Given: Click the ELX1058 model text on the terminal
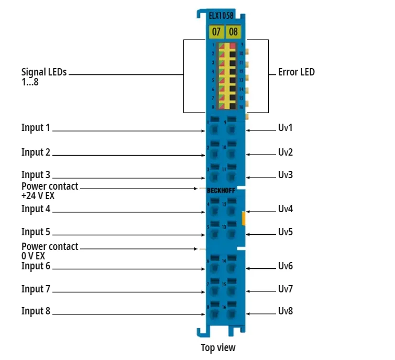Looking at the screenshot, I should pos(223,16).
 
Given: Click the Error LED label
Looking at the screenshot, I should pos(296,72).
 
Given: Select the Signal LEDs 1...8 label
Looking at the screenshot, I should pos(44,77).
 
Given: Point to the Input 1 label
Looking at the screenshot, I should pos(36,127).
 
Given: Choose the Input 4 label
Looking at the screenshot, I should pos(36,209).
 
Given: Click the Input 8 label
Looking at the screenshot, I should pos(36,311).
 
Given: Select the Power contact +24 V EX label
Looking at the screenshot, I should pos(49,191).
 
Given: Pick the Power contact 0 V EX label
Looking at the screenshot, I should pos(49,251).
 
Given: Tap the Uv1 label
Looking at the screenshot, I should pos(286,127).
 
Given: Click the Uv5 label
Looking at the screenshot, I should pos(286,232).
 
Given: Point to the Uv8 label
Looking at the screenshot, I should pos(286,311).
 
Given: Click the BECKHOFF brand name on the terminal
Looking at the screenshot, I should pos(221,191).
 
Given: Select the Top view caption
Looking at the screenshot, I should pos(218,347).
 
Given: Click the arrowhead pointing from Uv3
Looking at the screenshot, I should pos(248,178).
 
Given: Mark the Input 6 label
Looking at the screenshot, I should pos(36,266).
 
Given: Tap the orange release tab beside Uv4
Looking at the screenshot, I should pos(244,217).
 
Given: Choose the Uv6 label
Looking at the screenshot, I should pos(286,266).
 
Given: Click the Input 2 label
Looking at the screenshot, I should pos(36,152).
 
